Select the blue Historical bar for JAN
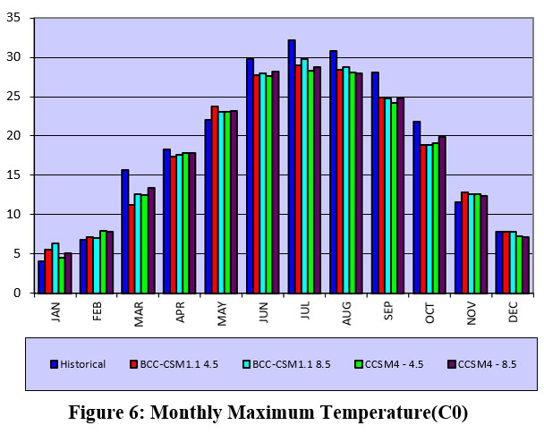point(41,277)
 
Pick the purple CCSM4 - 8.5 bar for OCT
point(442,215)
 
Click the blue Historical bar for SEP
point(375,183)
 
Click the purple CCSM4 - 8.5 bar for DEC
point(525,264)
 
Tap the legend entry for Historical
point(78,364)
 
